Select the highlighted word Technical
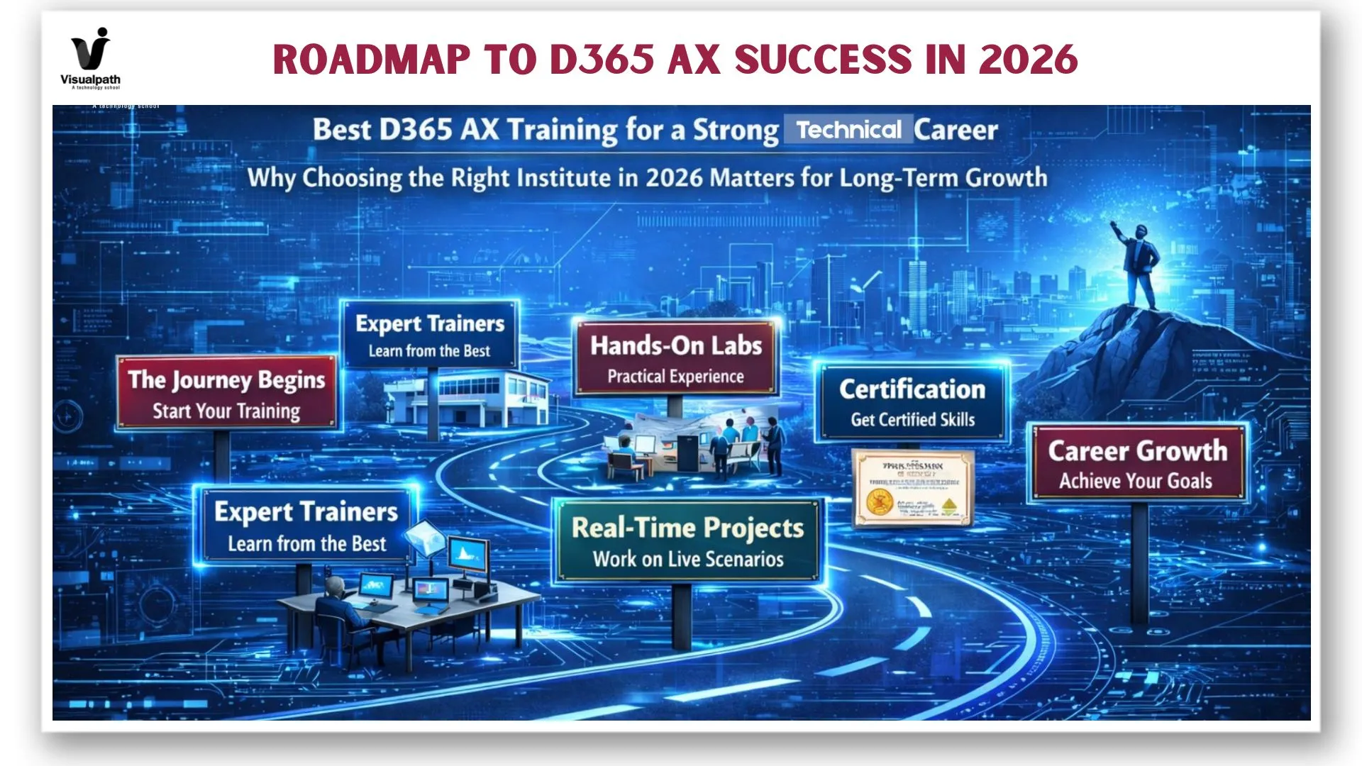tap(848, 130)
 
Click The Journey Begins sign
tap(226, 394)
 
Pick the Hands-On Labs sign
tap(675, 358)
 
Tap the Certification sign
tap(912, 402)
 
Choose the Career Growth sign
tap(1137, 463)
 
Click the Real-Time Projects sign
tap(687, 541)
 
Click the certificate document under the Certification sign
tap(912, 489)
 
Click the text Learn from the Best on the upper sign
tap(429, 351)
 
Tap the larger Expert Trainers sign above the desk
tap(306, 526)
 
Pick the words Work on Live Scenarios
tap(688, 560)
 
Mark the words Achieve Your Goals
tap(1136, 482)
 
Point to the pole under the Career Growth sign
tap(1139, 560)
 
